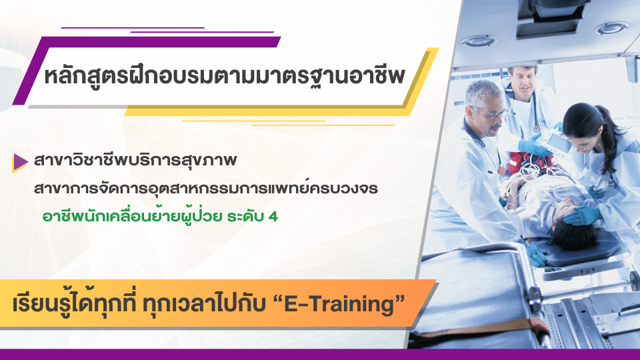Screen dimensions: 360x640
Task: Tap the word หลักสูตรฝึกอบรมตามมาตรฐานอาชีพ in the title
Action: pyautogui.click(x=225, y=79)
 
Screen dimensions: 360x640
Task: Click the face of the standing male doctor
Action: pyautogui.click(x=522, y=81)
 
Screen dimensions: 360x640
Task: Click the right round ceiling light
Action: pyautogui.click(x=611, y=28)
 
